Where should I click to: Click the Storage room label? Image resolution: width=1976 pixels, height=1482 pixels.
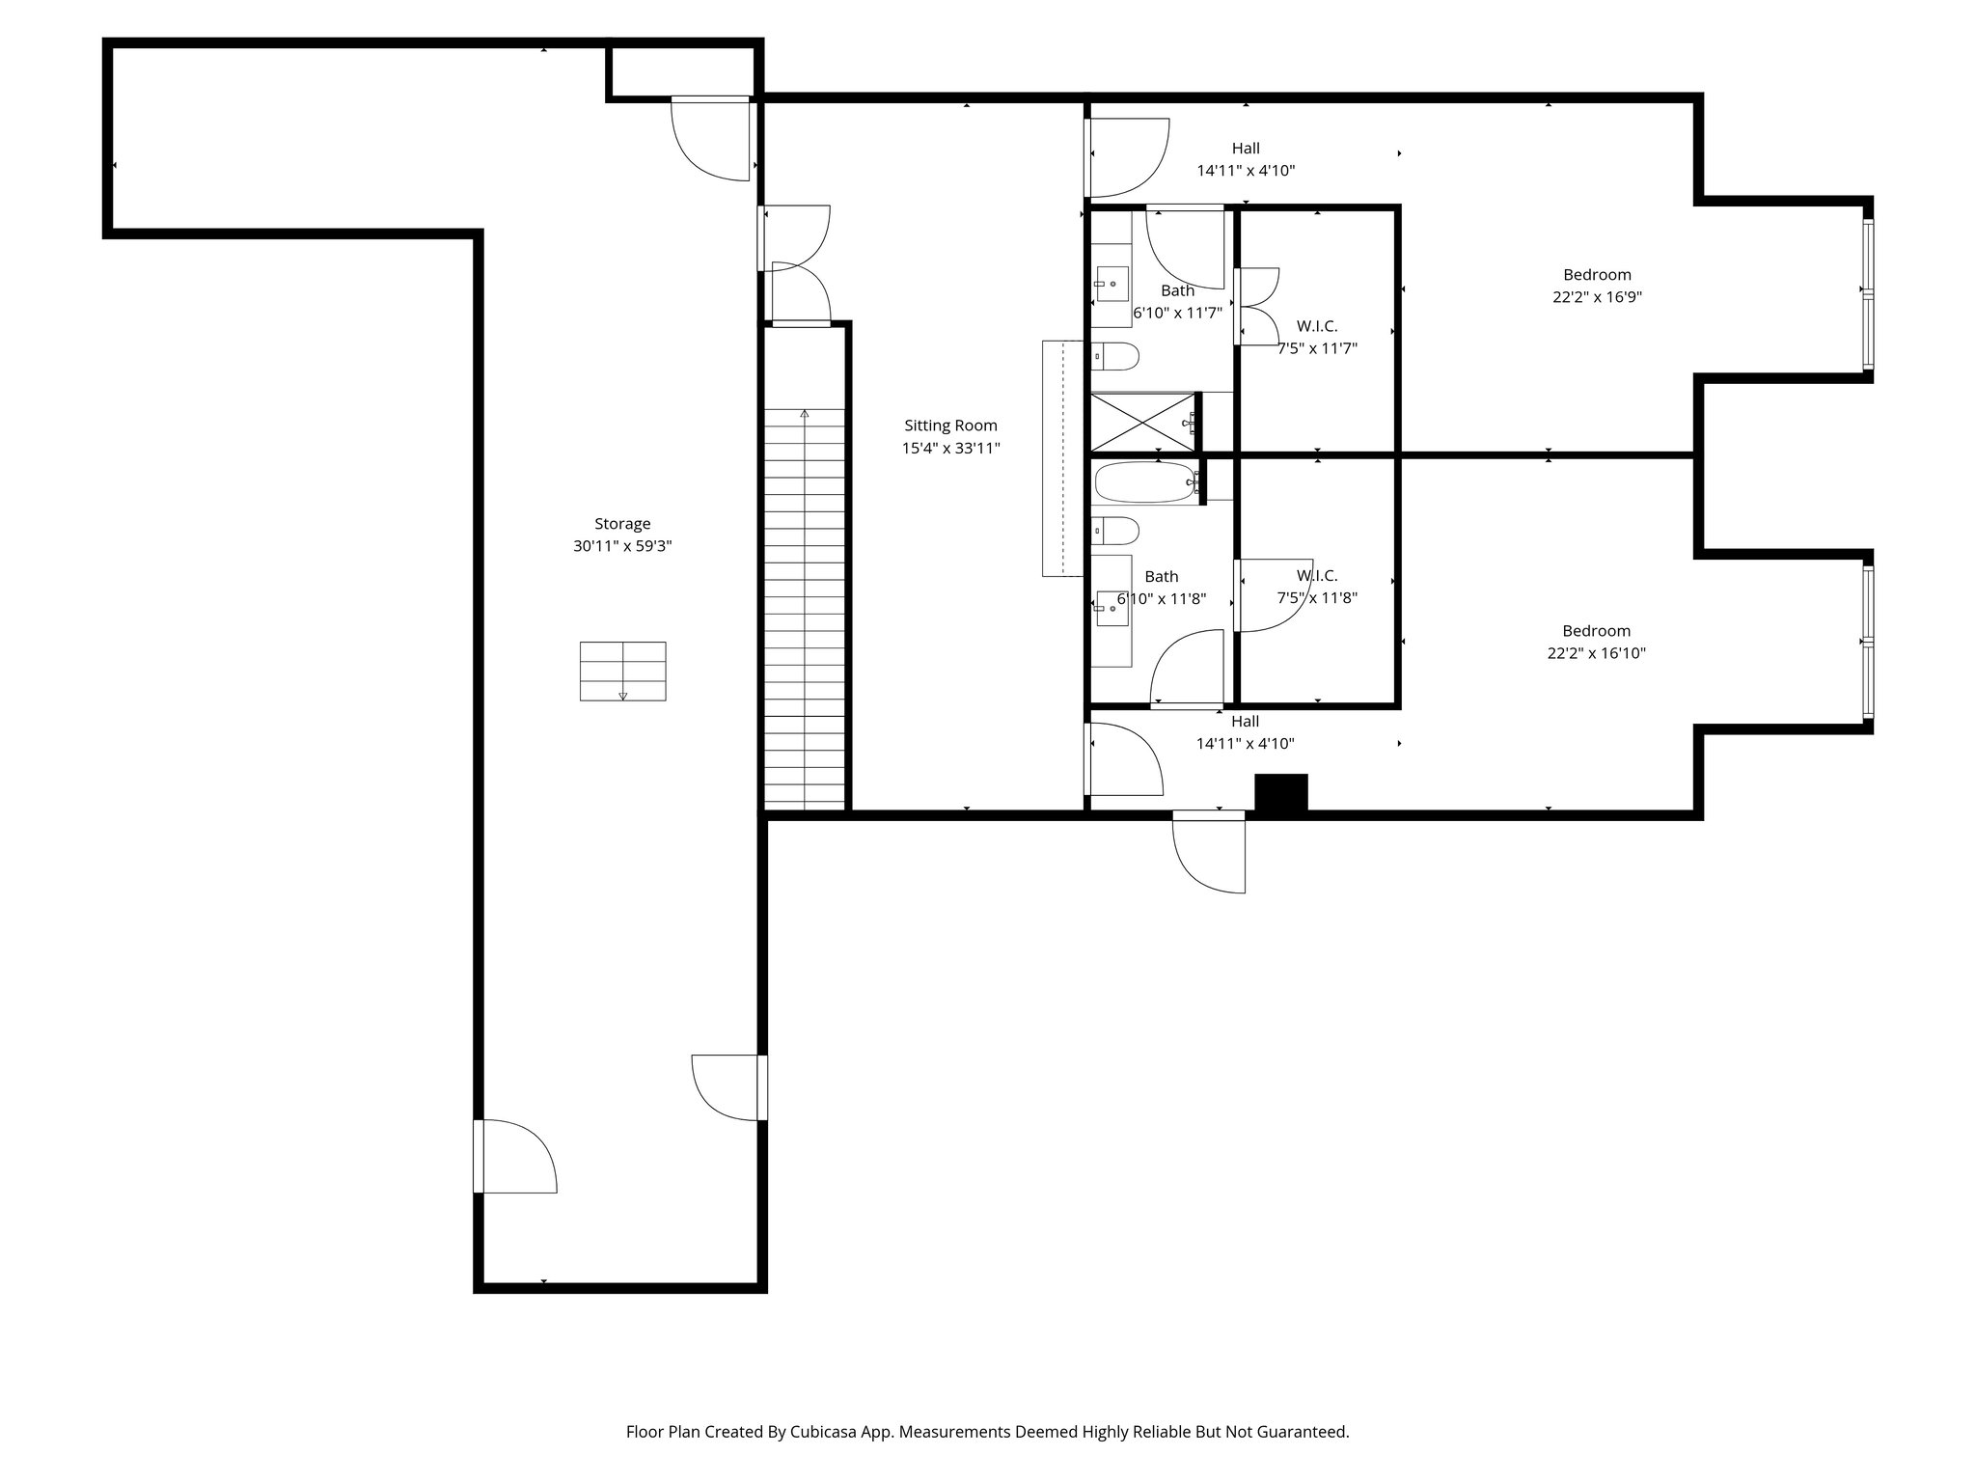click(x=622, y=524)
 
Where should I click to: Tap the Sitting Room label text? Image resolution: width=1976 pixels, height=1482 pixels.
click(x=950, y=425)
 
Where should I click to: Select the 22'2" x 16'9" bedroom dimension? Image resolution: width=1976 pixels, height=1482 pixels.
click(x=1597, y=297)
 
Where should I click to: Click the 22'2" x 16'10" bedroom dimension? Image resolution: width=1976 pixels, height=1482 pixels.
click(x=1596, y=653)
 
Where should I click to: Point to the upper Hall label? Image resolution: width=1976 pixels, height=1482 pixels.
click(x=1246, y=149)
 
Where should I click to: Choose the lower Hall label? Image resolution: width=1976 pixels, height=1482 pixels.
click(x=1245, y=722)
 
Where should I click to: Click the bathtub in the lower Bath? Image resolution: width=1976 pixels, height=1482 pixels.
click(x=1144, y=482)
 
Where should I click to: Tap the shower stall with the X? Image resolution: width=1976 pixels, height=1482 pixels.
click(x=1142, y=422)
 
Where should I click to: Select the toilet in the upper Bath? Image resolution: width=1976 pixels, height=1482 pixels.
click(x=1116, y=357)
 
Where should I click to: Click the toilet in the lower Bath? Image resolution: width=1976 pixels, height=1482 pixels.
click(x=1116, y=531)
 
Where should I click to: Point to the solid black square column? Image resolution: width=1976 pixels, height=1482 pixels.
click(x=1281, y=792)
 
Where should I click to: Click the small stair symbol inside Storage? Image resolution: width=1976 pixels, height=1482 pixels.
click(x=622, y=672)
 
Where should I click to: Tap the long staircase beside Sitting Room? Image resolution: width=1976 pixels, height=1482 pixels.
click(x=805, y=608)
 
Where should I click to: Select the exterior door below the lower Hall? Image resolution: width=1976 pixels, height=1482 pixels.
click(x=1210, y=851)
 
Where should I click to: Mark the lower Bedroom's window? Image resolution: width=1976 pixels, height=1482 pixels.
click(x=1868, y=642)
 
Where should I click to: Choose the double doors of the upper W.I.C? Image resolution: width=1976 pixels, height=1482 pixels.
click(x=1257, y=306)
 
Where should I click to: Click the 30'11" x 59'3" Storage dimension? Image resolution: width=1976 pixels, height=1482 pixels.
click(x=622, y=546)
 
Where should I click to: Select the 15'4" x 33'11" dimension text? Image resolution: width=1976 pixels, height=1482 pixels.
click(x=950, y=449)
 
